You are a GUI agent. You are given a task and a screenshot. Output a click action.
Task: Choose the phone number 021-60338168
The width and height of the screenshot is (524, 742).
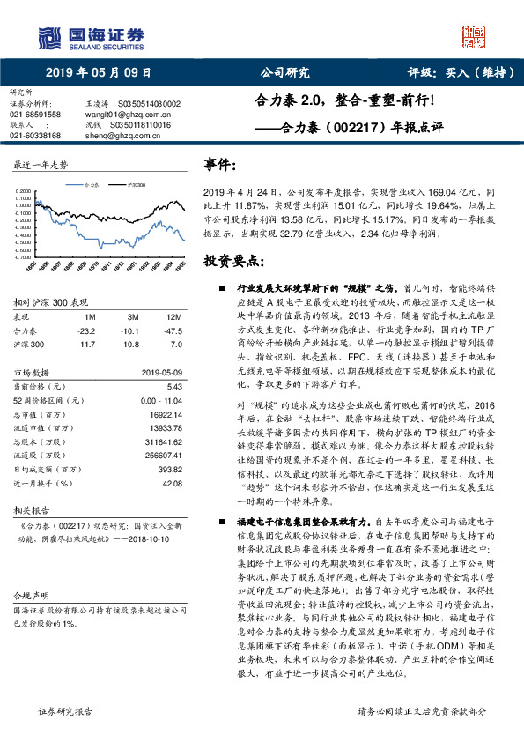35,136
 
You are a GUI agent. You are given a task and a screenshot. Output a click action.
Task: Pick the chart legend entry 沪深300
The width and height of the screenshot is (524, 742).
136,186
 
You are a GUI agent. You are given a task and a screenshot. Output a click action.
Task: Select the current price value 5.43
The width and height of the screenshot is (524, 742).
173,386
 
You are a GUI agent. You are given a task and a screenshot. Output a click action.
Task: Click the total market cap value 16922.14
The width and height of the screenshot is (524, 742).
165,413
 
